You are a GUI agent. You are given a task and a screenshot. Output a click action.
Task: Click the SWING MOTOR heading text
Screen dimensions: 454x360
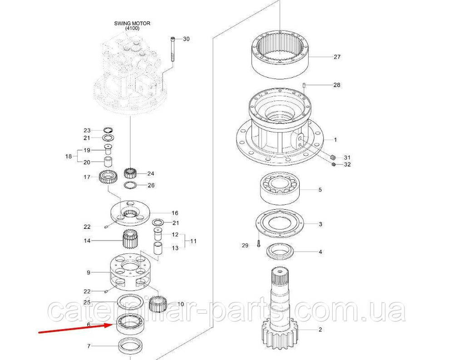132,24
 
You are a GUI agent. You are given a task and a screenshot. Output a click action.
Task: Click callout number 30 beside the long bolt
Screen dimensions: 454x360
187,39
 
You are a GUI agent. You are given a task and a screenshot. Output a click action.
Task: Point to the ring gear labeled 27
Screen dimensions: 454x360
280,54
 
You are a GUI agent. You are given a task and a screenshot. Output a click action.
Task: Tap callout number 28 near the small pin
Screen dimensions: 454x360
337,85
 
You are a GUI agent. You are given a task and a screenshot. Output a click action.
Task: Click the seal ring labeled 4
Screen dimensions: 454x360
280,250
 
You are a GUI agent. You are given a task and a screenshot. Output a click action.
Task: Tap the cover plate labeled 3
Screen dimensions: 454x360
279,224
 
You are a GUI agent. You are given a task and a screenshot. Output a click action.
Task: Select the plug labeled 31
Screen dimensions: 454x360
333,158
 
